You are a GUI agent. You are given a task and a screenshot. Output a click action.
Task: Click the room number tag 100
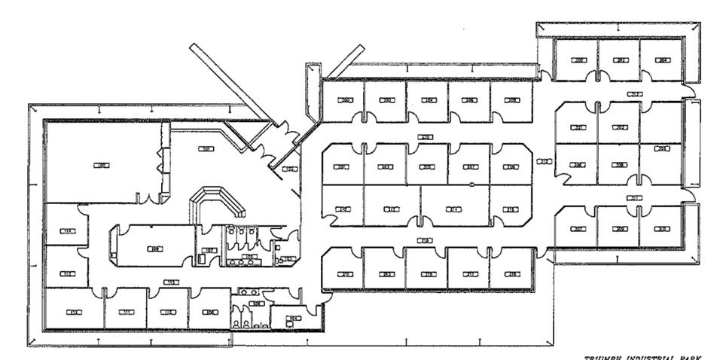click(100, 164)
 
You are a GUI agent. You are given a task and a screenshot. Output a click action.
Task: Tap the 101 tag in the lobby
click(205, 148)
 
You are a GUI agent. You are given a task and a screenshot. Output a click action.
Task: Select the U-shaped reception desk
click(218, 202)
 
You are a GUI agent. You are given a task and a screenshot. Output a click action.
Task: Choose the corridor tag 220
click(425, 137)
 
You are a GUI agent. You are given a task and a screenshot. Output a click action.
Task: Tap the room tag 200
click(346, 99)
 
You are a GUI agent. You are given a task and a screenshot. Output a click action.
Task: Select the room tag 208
click(512, 99)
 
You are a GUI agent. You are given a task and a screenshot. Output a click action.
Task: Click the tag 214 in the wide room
click(454, 209)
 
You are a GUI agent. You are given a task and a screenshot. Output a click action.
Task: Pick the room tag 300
click(578, 59)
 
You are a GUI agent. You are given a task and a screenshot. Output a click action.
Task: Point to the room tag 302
click(621, 59)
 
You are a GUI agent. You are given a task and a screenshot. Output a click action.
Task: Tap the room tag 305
click(662, 149)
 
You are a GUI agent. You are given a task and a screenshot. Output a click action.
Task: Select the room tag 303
click(621, 127)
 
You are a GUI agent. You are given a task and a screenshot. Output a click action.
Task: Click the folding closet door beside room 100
click(160, 160)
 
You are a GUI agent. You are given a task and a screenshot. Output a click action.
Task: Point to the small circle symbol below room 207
click(471, 184)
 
